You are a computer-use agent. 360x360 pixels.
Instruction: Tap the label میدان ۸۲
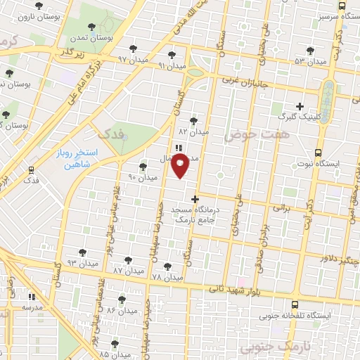[x=194, y=131]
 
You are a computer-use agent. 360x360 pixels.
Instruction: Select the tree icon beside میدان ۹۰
[x=143, y=167]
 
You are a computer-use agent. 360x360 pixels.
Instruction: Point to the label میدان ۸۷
[x=128, y=270]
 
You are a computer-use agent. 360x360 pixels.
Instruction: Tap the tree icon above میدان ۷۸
[x=167, y=266]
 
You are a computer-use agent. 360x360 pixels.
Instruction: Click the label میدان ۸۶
[x=121, y=310]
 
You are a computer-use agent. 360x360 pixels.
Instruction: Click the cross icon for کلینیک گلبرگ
[x=300, y=107]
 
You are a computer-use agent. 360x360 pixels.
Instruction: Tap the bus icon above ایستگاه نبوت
[x=319, y=153]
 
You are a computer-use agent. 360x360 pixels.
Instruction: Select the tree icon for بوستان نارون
[x=38, y=5]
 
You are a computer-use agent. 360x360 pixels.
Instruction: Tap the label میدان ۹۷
[x=134, y=58]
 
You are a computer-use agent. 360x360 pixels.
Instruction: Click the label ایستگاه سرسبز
[x=321, y=14]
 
